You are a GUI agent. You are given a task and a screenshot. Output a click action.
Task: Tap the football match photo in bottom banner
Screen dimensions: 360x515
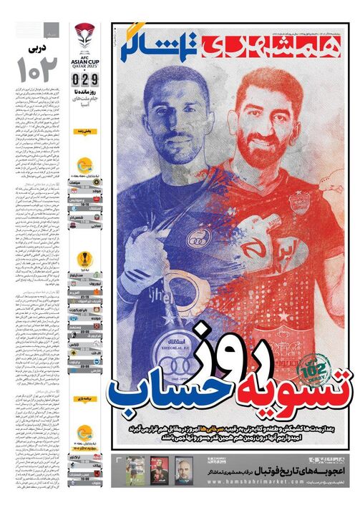tap(136, 470)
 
